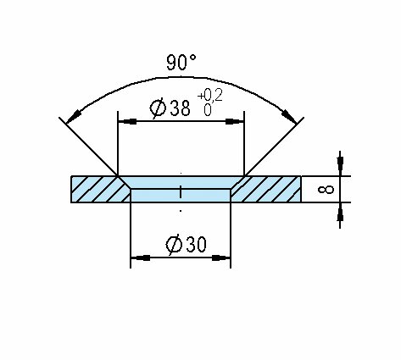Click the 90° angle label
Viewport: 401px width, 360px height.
click(181, 63)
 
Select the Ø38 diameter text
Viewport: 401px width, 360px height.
click(170, 108)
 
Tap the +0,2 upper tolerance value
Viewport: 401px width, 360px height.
click(210, 96)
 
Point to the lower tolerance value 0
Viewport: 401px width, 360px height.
click(208, 110)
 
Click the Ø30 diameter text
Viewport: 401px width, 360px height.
click(187, 245)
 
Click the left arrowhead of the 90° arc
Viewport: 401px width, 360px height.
click(73, 117)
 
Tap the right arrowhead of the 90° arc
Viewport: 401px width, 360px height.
click(289, 117)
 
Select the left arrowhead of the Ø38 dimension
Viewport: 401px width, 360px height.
click(127, 121)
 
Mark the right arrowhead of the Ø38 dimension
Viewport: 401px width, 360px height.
click(234, 121)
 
